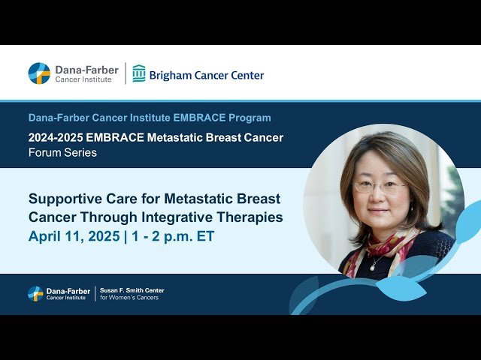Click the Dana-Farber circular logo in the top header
(x=39, y=73)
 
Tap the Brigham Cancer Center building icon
(x=139, y=73)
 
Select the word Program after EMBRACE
(x=252, y=118)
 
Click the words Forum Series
(x=62, y=153)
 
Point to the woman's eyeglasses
(x=380, y=186)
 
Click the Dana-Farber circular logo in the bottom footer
(x=35, y=293)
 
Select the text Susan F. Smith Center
(x=132, y=290)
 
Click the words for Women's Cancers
(x=129, y=298)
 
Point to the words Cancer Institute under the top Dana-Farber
(x=83, y=79)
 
